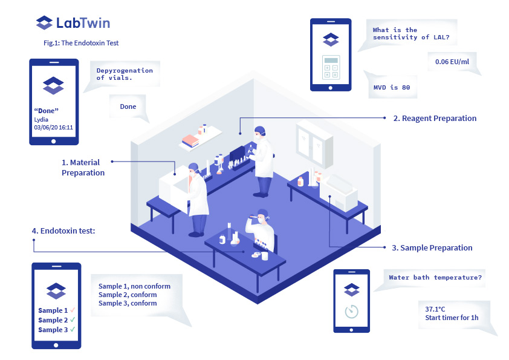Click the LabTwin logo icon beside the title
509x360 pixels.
tap(44, 24)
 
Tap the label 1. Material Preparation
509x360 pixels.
tap(83, 168)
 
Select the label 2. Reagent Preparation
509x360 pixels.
tap(435, 119)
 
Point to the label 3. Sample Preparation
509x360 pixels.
tap(432, 248)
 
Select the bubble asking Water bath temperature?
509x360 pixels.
tap(435, 278)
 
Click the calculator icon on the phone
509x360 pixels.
tap(331, 67)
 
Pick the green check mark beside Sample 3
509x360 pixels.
tap(73, 330)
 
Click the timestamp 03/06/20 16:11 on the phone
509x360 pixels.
tap(54, 128)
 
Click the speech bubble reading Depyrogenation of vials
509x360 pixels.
tap(124, 74)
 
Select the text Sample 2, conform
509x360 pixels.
tap(128, 295)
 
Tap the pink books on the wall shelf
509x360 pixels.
tap(191, 140)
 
